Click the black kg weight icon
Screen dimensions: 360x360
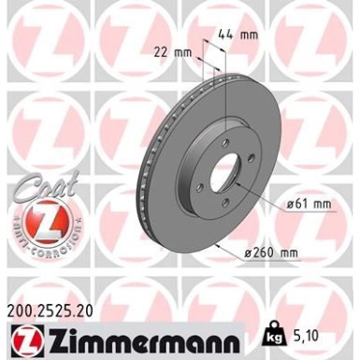273,333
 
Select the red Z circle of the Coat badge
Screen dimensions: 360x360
42,224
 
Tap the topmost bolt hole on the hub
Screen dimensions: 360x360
228,141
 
